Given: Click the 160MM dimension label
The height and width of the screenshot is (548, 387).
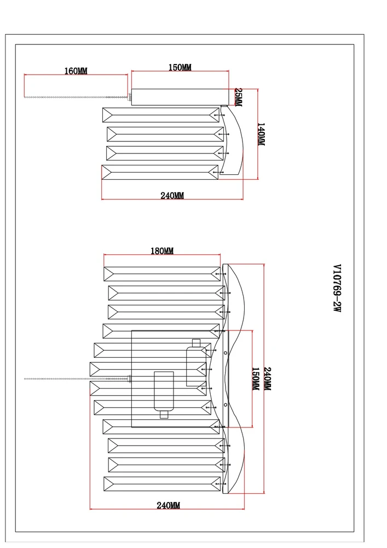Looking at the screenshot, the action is point(76,71).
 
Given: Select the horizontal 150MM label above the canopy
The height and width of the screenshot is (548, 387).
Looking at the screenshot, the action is point(180,67).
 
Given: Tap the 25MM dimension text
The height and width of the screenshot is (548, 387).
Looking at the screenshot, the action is point(238,97).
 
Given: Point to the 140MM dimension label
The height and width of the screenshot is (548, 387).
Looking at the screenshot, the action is point(261,134).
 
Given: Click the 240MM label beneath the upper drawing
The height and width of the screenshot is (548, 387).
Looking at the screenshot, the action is point(172,196).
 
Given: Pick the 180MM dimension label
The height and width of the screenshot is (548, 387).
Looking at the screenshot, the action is point(162,251).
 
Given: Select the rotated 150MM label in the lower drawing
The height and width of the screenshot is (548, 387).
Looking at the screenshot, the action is point(256,379).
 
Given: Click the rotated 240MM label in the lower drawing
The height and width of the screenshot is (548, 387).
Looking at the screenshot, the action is point(267,379).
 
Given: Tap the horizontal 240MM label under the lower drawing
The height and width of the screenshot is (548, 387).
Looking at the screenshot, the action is point(168,505).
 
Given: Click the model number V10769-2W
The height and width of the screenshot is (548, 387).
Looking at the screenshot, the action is point(337,288).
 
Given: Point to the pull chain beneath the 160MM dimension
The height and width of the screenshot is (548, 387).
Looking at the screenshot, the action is point(77,97).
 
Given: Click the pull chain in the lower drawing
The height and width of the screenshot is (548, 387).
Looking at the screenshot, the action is point(77,379).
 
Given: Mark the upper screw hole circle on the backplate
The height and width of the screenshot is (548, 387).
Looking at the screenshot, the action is point(226,353).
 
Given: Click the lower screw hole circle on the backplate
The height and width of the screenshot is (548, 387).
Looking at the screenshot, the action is point(226,405).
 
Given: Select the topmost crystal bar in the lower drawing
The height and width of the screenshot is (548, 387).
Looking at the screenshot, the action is point(162,274).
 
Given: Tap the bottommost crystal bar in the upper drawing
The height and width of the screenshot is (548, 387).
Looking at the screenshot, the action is point(160,172).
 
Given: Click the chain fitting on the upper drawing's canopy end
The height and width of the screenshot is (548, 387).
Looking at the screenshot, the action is point(130,98).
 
